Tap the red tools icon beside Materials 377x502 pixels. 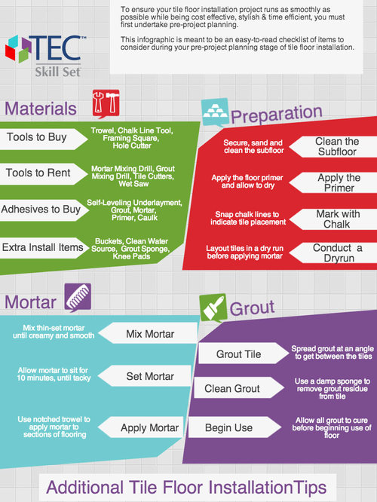click(106, 103)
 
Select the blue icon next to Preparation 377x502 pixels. click(215, 112)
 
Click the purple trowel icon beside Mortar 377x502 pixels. click(78, 298)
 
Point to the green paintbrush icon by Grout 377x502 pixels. click(213, 308)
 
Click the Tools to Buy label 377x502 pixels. click(37, 137)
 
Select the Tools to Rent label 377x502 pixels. click(38, 173)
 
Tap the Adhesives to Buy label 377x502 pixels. click(41, 209)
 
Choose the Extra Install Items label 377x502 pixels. click(42, 247)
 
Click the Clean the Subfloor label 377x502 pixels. click(337, 147)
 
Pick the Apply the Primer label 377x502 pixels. click(339, 182)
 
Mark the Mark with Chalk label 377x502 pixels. click(338, 219)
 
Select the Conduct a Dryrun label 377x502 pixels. click(338, 253)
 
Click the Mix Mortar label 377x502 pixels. click(150, 334)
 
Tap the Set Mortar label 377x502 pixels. click(150, 376)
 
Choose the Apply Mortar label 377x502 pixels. click(149, 427)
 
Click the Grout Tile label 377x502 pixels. click(238, 354)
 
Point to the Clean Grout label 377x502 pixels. click(232, 389)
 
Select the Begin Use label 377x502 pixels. click(228, 427)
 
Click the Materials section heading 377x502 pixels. click(41, 109)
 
